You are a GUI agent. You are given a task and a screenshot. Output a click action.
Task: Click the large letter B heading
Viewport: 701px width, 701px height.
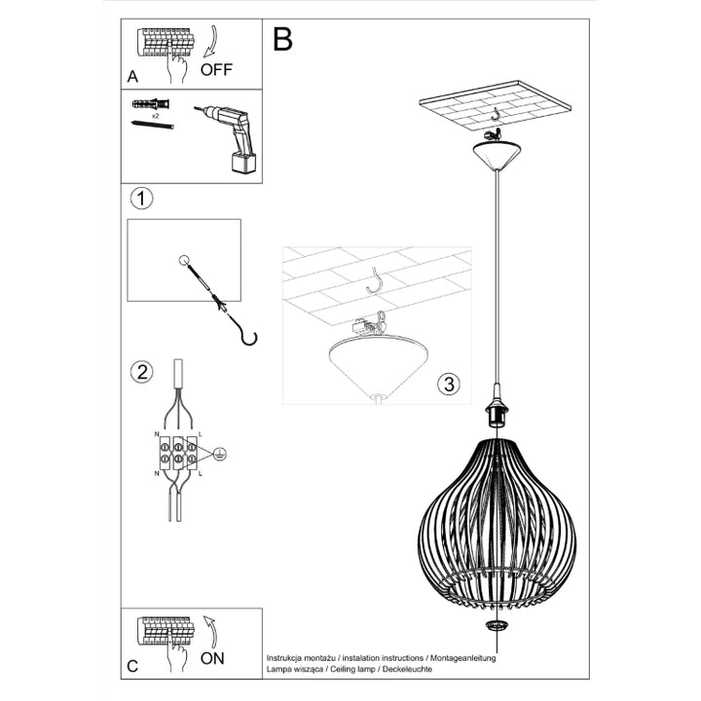(282, 38)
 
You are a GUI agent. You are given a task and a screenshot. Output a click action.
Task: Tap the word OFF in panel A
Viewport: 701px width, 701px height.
(217, 70)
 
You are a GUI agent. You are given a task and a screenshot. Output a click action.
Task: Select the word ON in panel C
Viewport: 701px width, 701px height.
(212, 658)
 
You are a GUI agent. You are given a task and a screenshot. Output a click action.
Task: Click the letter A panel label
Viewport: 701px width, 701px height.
(132, 76)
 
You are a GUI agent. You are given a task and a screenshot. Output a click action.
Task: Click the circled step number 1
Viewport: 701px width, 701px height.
(141, 200)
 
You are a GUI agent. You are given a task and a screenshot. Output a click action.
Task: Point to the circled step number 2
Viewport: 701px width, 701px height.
(141, 371)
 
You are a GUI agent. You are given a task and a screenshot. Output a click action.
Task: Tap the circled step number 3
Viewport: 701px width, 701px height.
(447, 384)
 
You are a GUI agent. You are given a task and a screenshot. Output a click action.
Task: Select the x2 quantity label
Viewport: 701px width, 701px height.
(155, 115)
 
